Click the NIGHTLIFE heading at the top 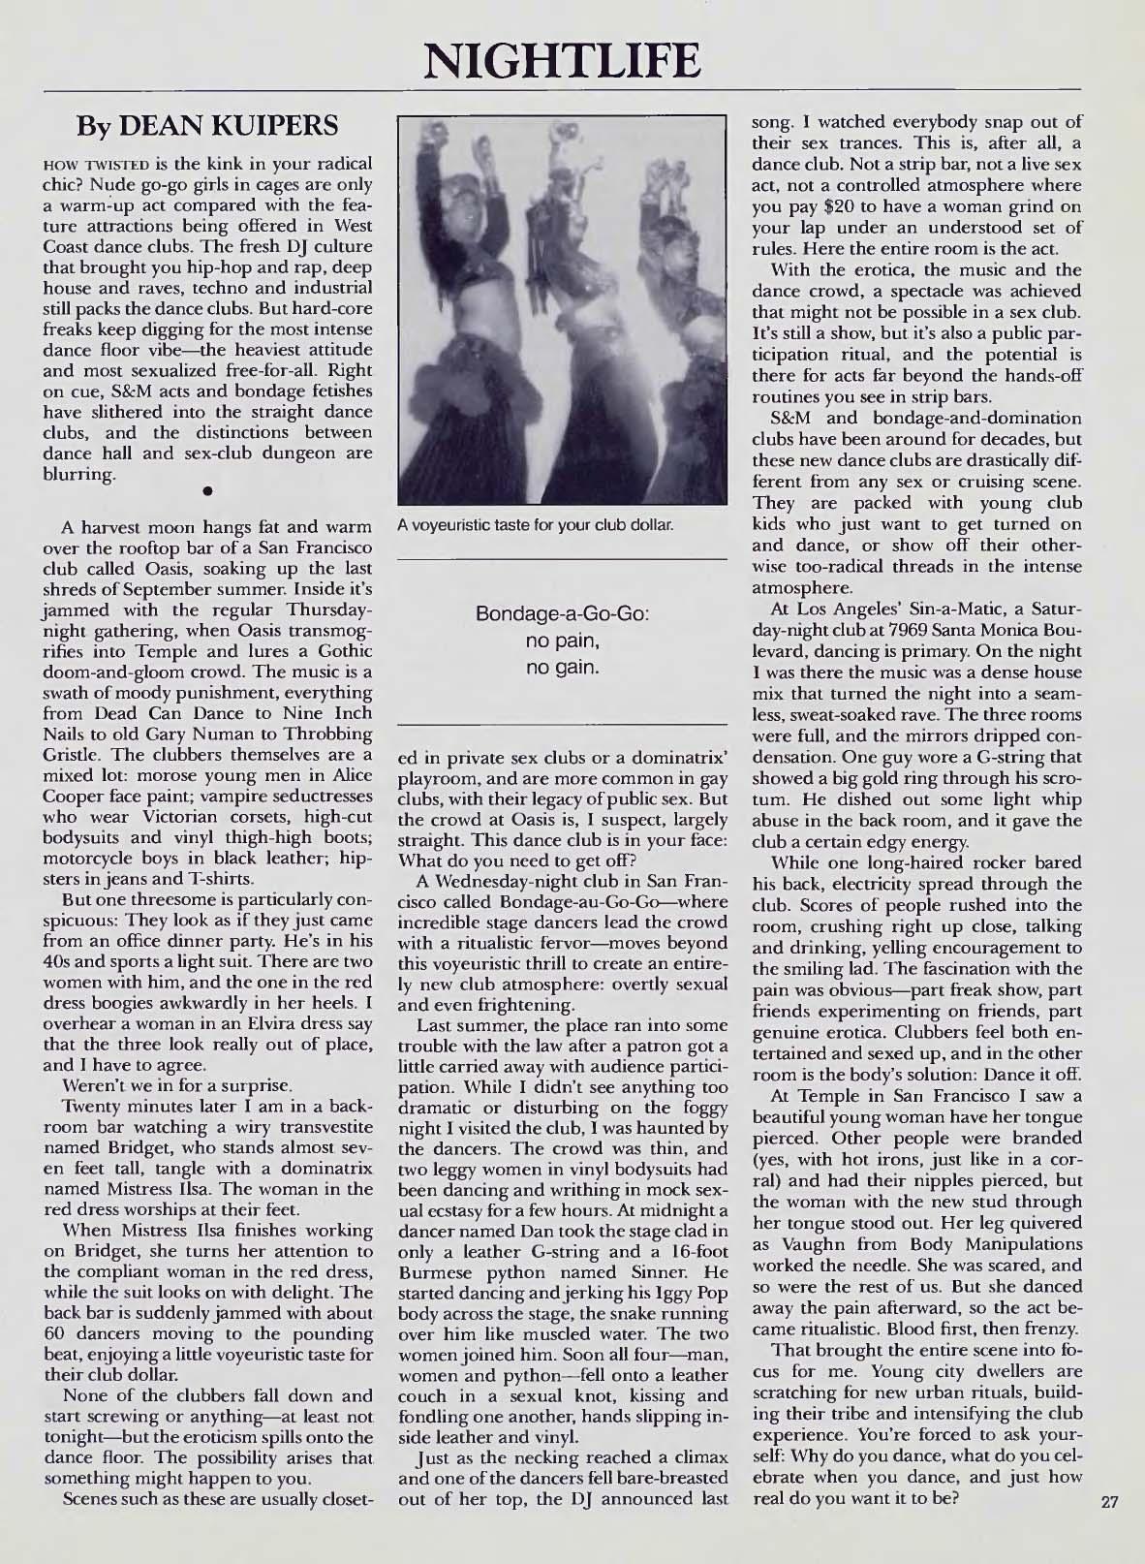tap(561, 55)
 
